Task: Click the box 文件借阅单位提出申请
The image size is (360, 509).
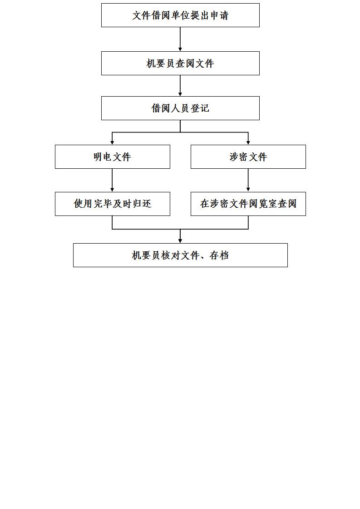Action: point(180,15)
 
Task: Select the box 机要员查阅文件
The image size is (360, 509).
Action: point(180,64)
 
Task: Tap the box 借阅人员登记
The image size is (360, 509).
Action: point(180,108)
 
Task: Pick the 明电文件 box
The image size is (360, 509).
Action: point(113,157)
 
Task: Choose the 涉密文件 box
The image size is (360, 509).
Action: point(248,157)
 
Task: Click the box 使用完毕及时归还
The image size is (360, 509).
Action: point(113,204)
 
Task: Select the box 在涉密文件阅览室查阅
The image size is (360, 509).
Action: point(248,204)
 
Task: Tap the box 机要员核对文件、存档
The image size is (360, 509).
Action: point(180,255)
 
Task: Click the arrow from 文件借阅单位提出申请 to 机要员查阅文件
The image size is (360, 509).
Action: point(180,39)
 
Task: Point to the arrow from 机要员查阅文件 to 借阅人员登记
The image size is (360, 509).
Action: point(180,86)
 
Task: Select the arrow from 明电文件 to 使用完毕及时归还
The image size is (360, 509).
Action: point(113,180)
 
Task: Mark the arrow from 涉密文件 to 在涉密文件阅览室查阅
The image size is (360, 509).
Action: point(248,180)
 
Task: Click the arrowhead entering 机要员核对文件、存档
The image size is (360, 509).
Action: point(180,241)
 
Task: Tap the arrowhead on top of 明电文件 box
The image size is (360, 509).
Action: point(113,142)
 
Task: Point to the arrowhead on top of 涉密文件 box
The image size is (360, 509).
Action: point(248,142)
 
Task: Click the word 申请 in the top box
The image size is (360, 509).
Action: point(219,15)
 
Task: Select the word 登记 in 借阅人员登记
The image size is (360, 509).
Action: point(200,108)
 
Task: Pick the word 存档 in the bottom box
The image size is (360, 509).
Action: point(219,255)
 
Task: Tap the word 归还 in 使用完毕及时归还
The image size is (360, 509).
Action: point(142,204)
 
